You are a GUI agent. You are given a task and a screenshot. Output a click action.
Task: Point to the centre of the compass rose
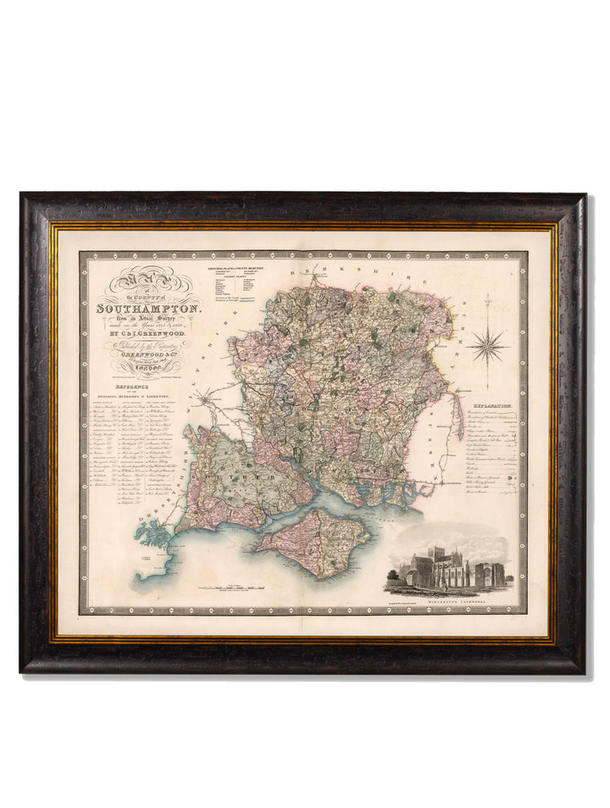pyautogui.click(x=487, y=345)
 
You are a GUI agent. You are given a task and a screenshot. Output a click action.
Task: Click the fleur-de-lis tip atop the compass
pyautogui.click(x=487, y=298)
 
